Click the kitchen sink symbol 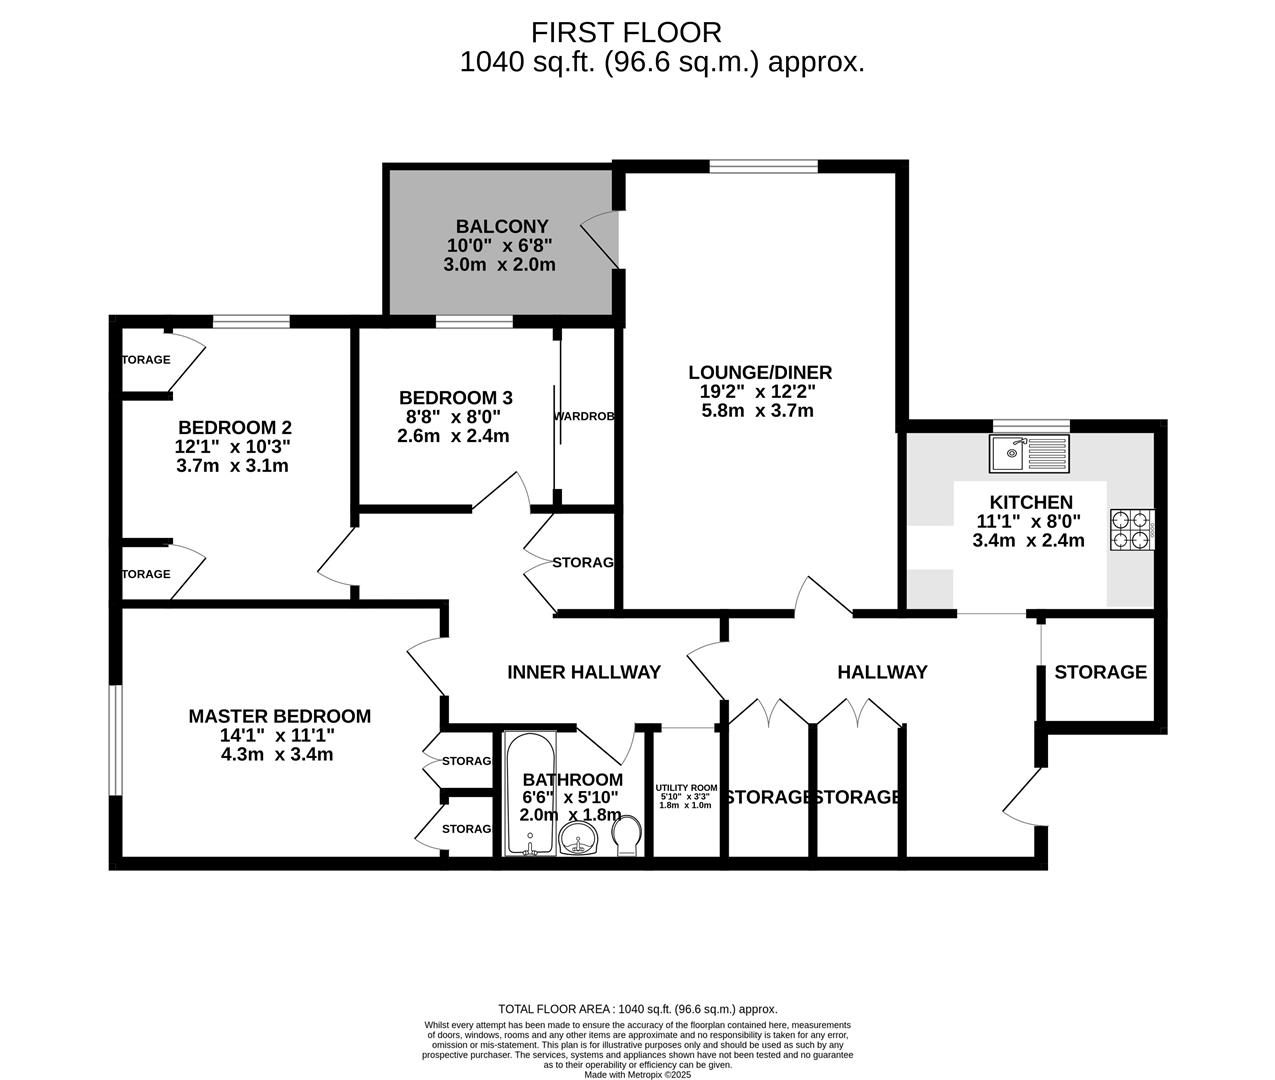point(1029,453)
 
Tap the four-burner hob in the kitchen point(1132,530)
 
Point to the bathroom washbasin point(578,840)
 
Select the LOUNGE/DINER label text point(760,373)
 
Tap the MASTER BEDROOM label point(279,716)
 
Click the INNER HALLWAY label point(584,672)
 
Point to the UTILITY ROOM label point(686,788)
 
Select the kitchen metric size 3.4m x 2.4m point(1028,541)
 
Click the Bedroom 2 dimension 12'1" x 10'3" point(232,446)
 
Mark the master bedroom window point(116,740)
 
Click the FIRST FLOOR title point(626,33)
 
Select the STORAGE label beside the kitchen point(1100,672)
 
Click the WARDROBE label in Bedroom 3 point(584,416)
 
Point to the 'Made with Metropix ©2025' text point(637,1074)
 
